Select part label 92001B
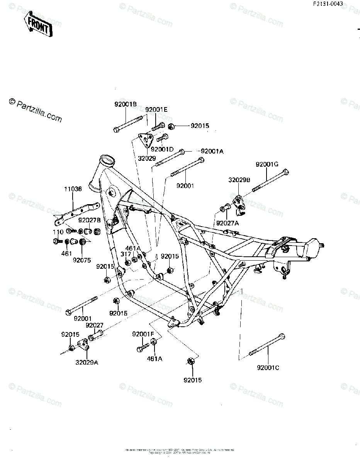[x=125, y=104]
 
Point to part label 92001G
[x=267, y=164]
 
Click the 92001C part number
[x=267, y=367]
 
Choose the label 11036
[x=73, y=189]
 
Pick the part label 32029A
[x=87, y=362]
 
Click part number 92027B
[x=89, y=220]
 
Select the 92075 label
[x=82, y=260]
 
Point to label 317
[x=126, y=254]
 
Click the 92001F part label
[x=143, y=334]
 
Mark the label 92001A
[x=212, y=151]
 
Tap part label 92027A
[x=228, y=223]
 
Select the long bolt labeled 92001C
[x=268, y=344]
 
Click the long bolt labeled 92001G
[x=271, y=180]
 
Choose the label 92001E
[x=156, y=110]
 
